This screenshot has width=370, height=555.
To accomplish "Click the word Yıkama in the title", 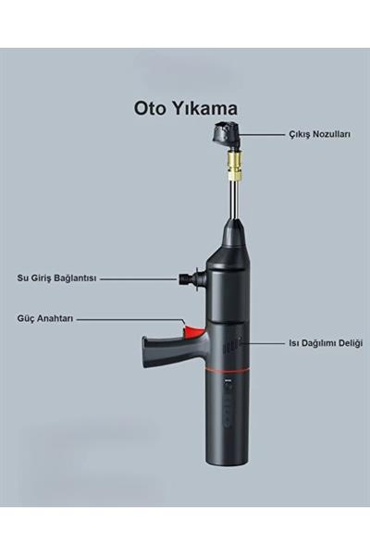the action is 204,108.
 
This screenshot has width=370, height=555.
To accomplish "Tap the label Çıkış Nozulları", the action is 320,134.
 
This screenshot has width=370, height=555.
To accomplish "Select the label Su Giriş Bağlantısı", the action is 56,278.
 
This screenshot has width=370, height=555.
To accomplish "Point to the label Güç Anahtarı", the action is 45,318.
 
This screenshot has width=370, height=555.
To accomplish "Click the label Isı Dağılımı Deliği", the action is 326,343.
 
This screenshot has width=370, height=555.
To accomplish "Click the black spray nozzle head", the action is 226,133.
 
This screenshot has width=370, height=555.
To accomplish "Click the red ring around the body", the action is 228,369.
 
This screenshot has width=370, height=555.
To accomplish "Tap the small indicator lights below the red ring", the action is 228,381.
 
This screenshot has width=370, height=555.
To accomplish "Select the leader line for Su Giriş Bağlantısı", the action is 139,278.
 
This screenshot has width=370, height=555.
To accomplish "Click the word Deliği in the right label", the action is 350,343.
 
